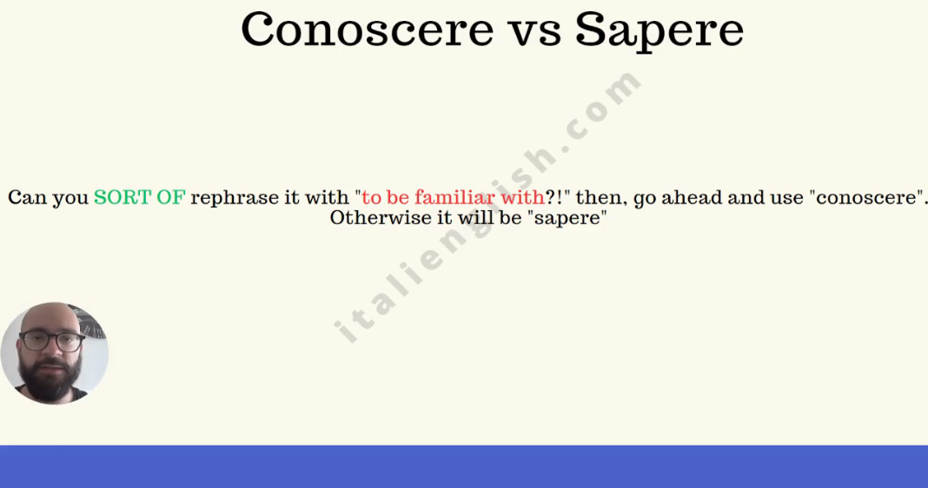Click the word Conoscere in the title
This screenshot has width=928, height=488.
(367, 30)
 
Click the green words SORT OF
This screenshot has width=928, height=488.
(139, 198)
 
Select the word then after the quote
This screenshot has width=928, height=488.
(599, 198)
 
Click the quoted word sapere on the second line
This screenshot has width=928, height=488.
(568, 218)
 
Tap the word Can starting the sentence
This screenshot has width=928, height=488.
(28, 198)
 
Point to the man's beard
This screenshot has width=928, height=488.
(50, 382)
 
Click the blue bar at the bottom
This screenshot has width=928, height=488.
(464, 466)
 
